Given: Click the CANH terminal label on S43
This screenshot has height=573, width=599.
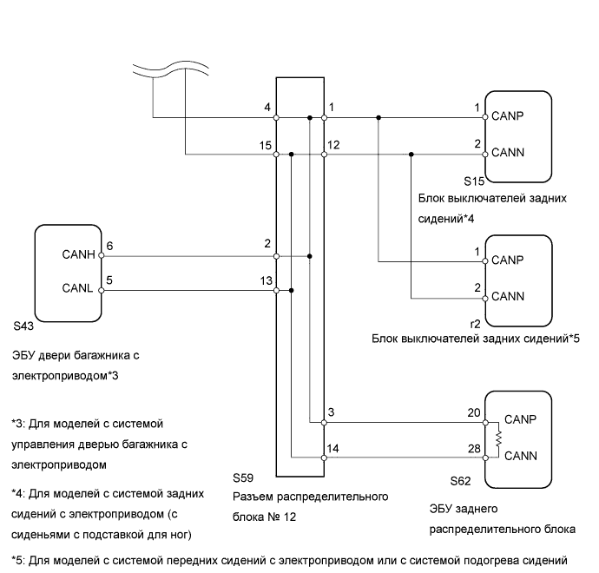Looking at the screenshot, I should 78,256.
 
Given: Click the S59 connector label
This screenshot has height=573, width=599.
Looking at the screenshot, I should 245,478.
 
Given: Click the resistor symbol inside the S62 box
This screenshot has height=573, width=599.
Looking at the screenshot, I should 499,436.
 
